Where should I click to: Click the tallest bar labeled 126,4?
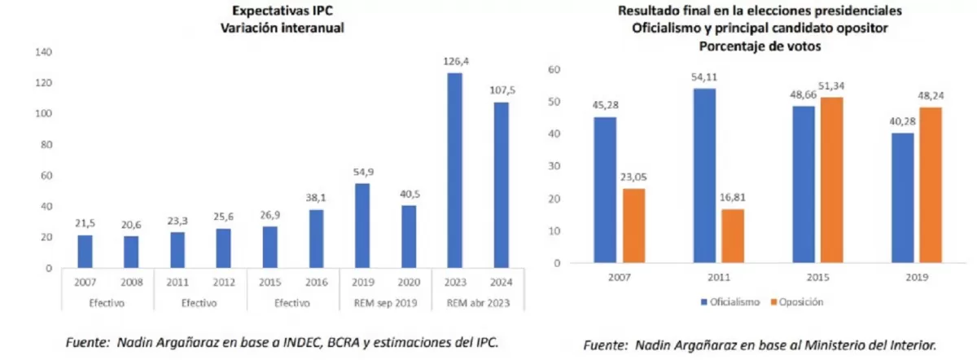(x=454, y=170)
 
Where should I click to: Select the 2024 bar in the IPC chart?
(x=501, y=185)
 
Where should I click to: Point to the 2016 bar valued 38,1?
(x=315, y=239)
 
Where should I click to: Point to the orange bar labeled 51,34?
(x=832, y=180)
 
